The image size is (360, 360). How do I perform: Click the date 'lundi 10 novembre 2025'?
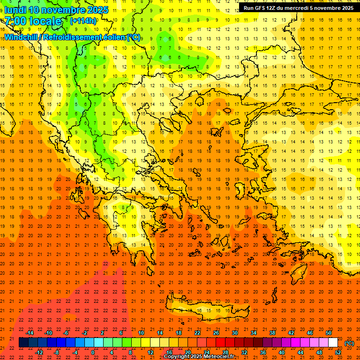click(56, 10)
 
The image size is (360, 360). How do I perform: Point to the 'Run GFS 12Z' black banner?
click(299, 8)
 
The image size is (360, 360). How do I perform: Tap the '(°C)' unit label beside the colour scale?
click(349, 343)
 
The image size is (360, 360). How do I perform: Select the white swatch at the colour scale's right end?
click(333, 343)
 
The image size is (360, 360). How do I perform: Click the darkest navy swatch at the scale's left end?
click(23, 343)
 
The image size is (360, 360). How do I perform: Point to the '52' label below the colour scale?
click(338, 352)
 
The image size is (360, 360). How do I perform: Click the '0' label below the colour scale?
click(93, 352)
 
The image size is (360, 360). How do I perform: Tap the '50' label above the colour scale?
click(329, 333)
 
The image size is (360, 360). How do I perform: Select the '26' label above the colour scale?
click(216, 333)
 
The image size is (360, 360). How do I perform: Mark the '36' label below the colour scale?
click(263, 352)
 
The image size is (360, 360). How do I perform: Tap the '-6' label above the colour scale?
click(66, 333)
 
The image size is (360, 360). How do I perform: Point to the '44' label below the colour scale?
click(300, 352)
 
